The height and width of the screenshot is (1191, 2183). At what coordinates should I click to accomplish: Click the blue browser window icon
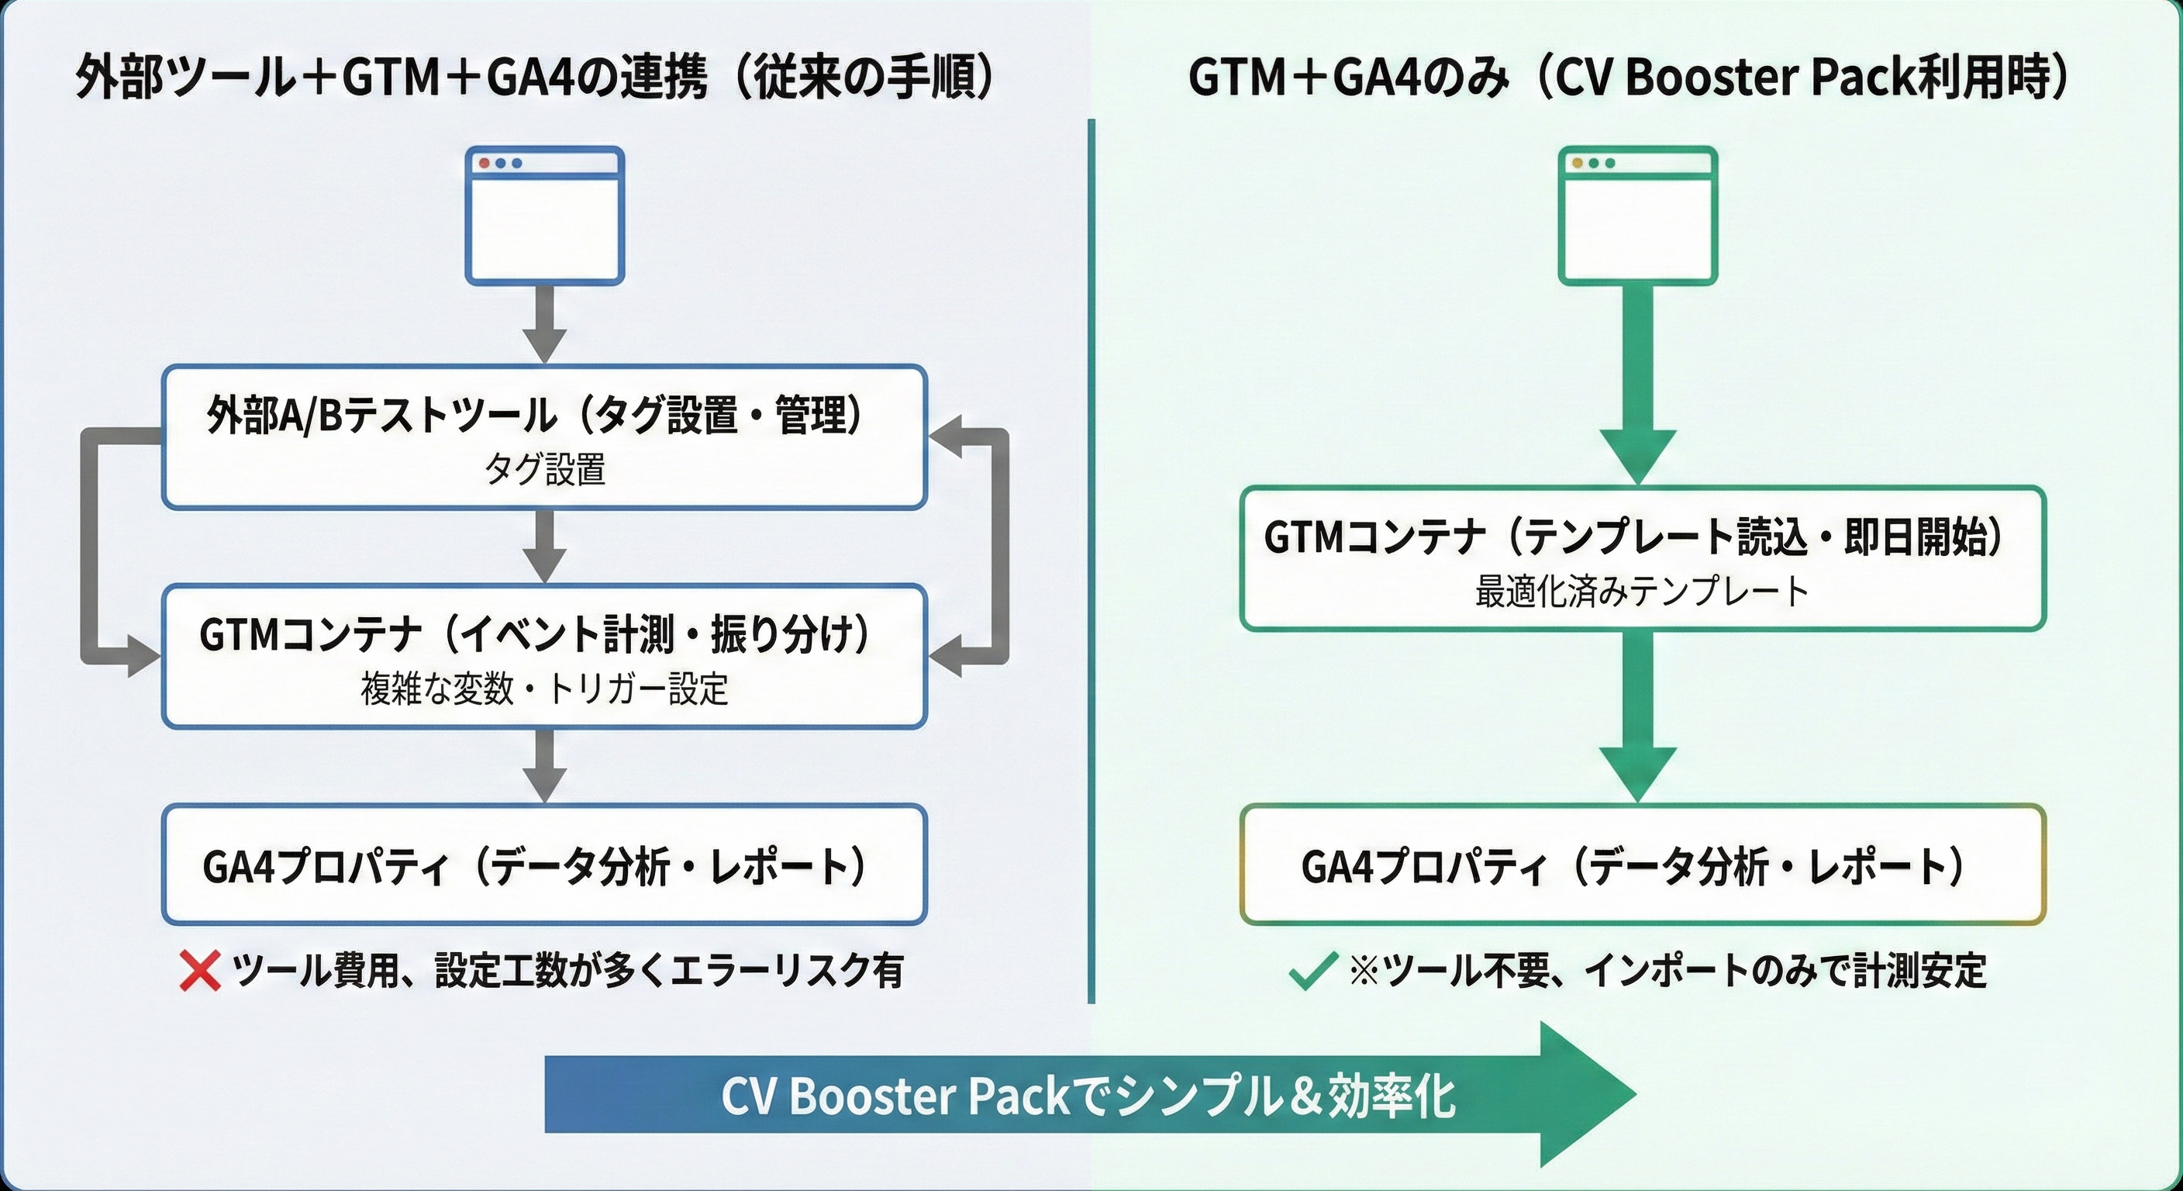click(x=544, y=216)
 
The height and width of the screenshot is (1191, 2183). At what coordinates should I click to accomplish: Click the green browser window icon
click(x=1638, y=216)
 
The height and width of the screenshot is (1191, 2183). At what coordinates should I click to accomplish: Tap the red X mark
click(x=200, y=971)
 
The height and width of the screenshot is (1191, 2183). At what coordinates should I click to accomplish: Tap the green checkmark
click(x=1312, y=972)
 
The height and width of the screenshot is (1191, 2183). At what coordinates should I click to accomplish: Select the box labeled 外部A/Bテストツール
click(x=544, y=437)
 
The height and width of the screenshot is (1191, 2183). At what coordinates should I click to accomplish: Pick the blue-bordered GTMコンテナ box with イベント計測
click(x=544, y=656)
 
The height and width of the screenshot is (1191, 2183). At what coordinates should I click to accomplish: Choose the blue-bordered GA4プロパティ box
click(x=544, y=865)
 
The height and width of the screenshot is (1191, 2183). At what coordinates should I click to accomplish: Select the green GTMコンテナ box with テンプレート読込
click(x=1643, y=558)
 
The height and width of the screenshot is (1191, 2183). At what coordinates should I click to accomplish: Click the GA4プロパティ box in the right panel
click(x=1643, y=865)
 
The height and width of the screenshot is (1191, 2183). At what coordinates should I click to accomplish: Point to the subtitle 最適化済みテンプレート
click(x=1643, y=592)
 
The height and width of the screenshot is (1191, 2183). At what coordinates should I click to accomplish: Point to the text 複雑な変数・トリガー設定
click(x=544, y=689)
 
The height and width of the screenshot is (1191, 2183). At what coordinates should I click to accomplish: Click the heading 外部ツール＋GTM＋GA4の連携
click(x=534, y=78)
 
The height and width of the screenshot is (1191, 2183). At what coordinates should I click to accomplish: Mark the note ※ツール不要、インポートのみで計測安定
click(x=1667, y=971)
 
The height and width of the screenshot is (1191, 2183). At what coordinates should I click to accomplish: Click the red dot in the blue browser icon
click(x=485, y=163)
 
